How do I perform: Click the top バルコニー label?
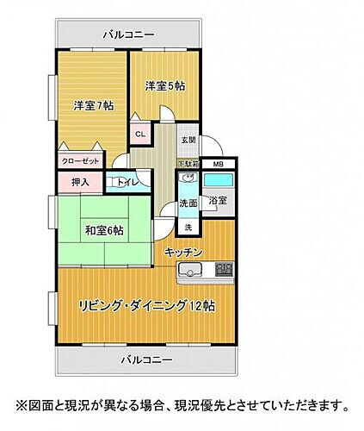[x=128, y=34]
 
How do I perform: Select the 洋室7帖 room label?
[x=94, y=106]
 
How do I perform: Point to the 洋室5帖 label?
[x=165, y=85]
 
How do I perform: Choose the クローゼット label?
[x=80, y=161]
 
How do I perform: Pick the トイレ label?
[x=124, y=183]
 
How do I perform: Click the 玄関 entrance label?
[x=188, y=140]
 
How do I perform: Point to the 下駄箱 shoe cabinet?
[x=188, y=163]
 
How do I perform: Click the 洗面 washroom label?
[x=188, y=203]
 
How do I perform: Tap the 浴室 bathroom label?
[x=218, y=201]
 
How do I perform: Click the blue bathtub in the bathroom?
[x=218, y=181]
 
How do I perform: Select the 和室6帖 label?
[x=104, y=230]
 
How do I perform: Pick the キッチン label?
[x=183, y=251]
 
